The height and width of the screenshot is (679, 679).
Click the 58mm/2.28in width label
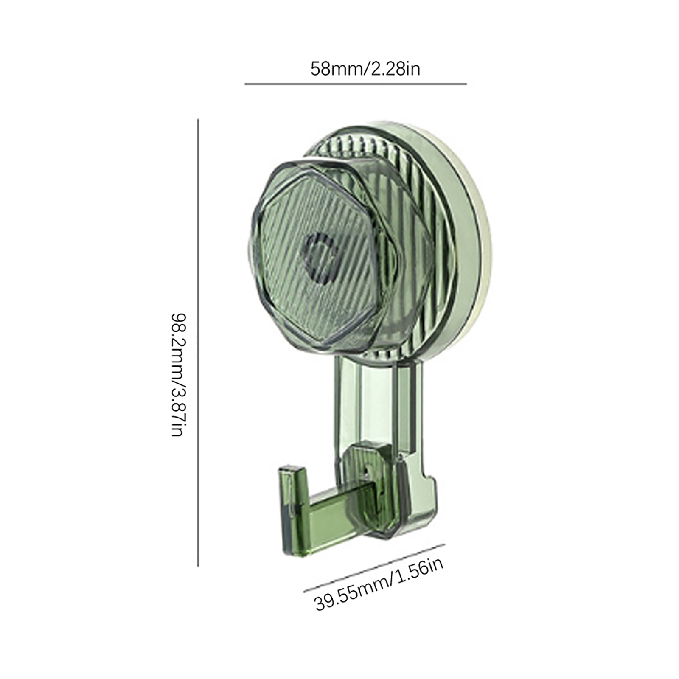[x=365, y=69]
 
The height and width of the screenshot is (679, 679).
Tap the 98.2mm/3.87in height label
[x=177, y=375]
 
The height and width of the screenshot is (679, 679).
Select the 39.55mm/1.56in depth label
[x=379, y=586]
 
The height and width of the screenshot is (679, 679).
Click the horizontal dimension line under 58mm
[x=356, y=84]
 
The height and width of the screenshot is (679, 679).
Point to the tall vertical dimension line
[x=198, y=342]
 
